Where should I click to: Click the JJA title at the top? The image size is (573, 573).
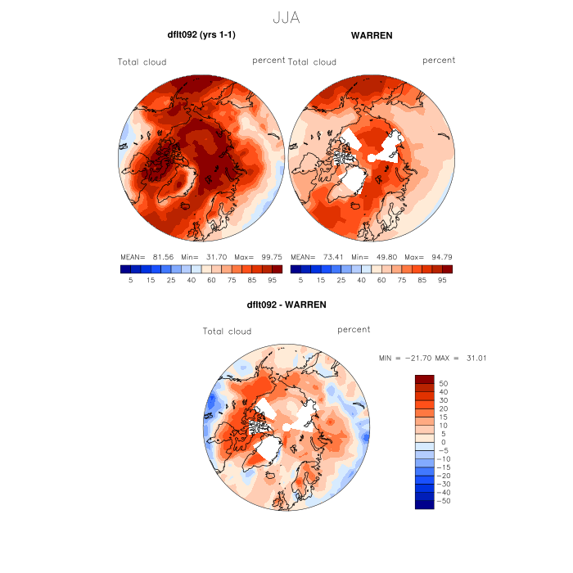(x=286, y=17)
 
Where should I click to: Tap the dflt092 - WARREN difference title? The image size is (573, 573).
(x=286, y=305)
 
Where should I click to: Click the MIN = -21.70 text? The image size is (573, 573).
(x=404, y=359)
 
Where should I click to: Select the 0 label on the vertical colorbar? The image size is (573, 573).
(x=443, y=442)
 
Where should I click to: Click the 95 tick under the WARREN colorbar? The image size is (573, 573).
(x=441, y=280)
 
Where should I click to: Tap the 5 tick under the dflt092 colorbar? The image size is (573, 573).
(x=130, y=280)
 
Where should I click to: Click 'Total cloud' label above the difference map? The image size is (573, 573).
(x=227, y=332)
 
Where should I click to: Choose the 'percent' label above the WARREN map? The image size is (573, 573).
(x=439, y=61)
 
